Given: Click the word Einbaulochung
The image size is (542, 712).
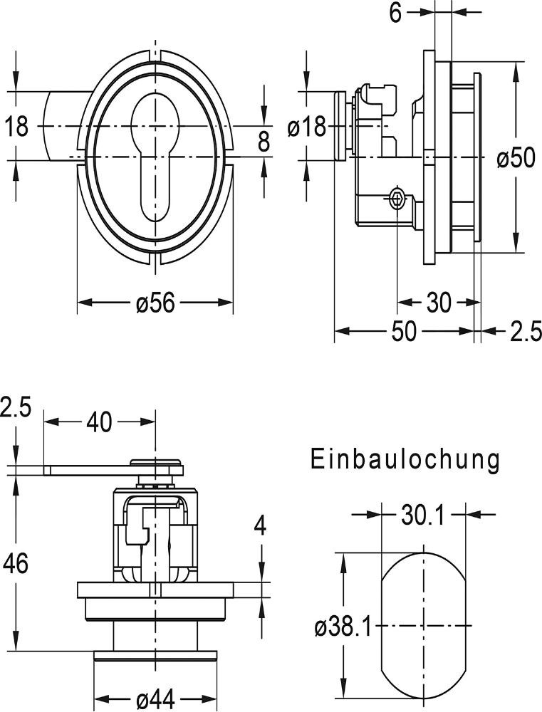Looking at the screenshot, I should pyautogui.click(x=405, y=460).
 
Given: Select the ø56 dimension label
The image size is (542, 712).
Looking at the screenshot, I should pyautogui.click(x=155, y=303).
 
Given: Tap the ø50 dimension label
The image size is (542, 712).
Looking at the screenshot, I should pyautogui.click(x=516, y=158).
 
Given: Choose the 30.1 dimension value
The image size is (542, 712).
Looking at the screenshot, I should pyautogui.click(x=423, y=515).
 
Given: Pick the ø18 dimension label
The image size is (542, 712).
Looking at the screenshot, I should pyautogui.click(x=306, y=127).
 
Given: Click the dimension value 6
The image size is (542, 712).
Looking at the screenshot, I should pyautogui.click(x=397, y=12).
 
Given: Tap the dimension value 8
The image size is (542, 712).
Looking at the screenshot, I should pyautogui.click(x=264, y=142).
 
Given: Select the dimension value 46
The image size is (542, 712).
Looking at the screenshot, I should pyautogui.click(x=16, y=564).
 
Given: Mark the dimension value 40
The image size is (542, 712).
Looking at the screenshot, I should pyautogui.click(x=99, y=422).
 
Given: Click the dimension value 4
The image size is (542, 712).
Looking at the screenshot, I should pyautogui.click(x=261, y=527).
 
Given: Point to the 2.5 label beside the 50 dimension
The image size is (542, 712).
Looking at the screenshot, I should pyautogui.click(x=523, y=332).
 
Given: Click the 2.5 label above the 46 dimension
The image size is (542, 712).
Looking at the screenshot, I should pyautogui.click(x=16, y=409).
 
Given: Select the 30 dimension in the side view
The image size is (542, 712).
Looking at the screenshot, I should pyautogui.click(x=439, y=303).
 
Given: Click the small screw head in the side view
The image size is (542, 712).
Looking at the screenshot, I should pyautogui.click(x=397, y=199).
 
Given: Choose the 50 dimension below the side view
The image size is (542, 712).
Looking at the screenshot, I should pyautogui.click(x=404, y=332).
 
